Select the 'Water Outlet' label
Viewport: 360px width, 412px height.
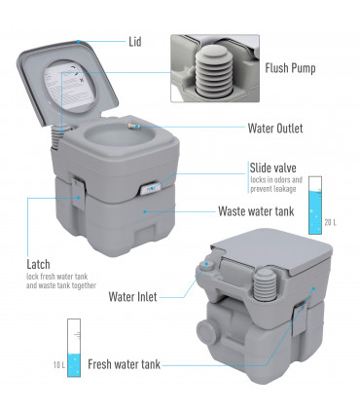tap(275, 128)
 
